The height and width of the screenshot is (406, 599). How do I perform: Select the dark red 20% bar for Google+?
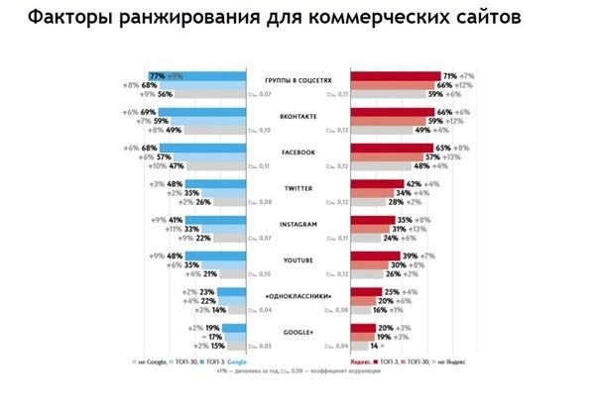363,327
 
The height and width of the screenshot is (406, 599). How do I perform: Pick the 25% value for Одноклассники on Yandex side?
391,292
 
